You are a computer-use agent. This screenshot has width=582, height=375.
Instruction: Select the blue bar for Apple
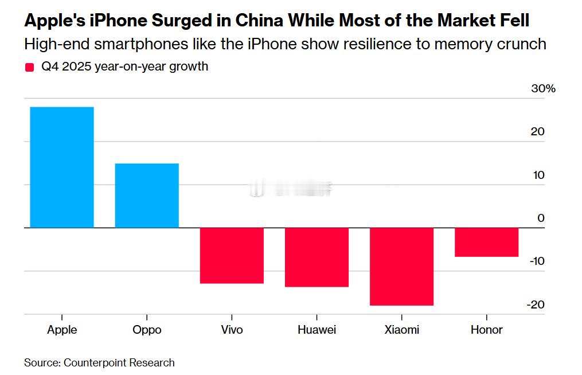62,167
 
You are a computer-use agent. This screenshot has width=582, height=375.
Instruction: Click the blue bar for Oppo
147,196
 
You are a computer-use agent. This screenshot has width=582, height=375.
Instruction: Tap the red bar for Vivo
232,255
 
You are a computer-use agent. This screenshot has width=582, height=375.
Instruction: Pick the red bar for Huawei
317,257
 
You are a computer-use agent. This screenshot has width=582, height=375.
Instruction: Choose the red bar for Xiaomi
401,267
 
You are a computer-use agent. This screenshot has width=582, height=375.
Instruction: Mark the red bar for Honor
486,242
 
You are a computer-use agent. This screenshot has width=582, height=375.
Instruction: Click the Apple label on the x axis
62,330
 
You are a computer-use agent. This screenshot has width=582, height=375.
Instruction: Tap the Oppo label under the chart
147,330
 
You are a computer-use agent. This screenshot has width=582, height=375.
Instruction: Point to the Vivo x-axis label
232,330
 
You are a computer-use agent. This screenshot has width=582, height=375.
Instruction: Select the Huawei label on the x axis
317,330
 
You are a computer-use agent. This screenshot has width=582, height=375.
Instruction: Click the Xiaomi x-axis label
401,330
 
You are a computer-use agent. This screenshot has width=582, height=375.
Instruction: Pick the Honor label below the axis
486,330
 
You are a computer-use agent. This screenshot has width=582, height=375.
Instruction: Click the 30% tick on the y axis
542,88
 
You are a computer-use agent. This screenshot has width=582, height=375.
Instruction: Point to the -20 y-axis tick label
535,304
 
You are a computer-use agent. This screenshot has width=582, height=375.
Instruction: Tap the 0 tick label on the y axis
541,218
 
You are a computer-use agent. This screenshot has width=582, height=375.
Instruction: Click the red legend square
30,68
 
